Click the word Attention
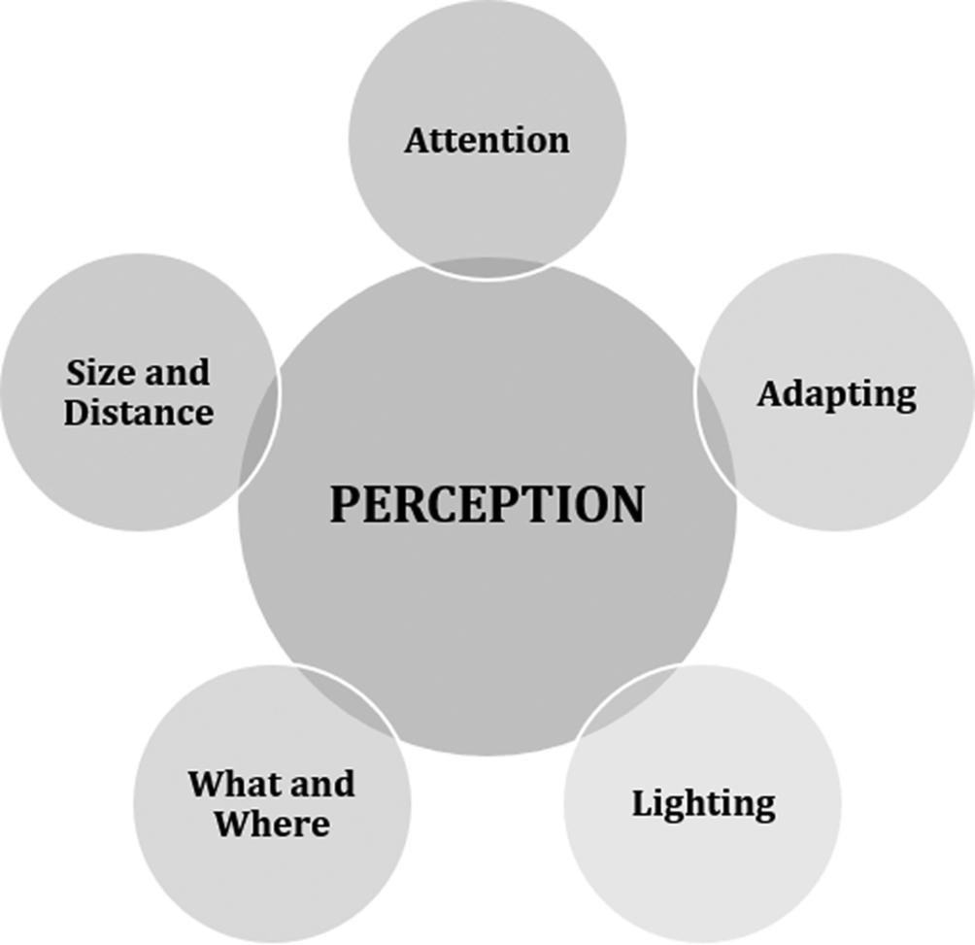pos(487,140)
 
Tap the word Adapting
pos(836,393)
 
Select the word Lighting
pos(703,803)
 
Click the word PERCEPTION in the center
pos(487,504)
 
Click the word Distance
pos(138,412)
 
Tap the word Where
pos(272,824)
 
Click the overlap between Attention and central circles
pos(487,269)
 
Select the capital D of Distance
pos(77,412)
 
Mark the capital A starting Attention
pos(416,140)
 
